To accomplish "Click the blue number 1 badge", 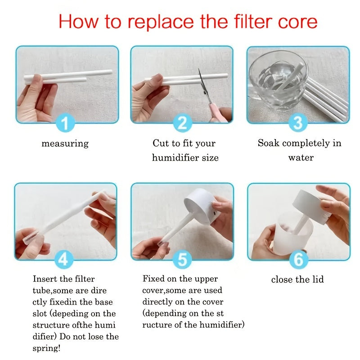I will click(x=66, y=123).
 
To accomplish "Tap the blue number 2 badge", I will click(x=182, y=123).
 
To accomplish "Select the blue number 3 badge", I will click(x=297, y=123).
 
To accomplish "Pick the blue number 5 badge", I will click(x=182, y=260).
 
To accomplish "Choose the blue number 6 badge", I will click(x=297, y=260).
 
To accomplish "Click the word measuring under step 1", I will click(x=65, y=144).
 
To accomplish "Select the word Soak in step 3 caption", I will click(x=268, y=143).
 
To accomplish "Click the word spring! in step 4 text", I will click(x=46, y=348).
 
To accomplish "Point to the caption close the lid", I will click(x=297, y=279).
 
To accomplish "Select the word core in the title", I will click(x=298, y=21).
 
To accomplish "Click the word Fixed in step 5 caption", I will click(x=154, y=279).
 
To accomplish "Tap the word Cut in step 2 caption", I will click(x=160, y=143).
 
